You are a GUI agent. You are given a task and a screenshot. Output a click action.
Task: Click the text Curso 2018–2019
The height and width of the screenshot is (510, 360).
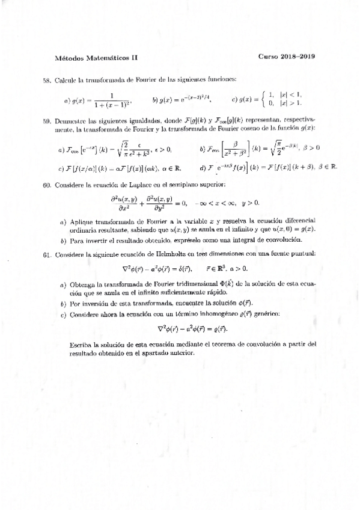[287, 58]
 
